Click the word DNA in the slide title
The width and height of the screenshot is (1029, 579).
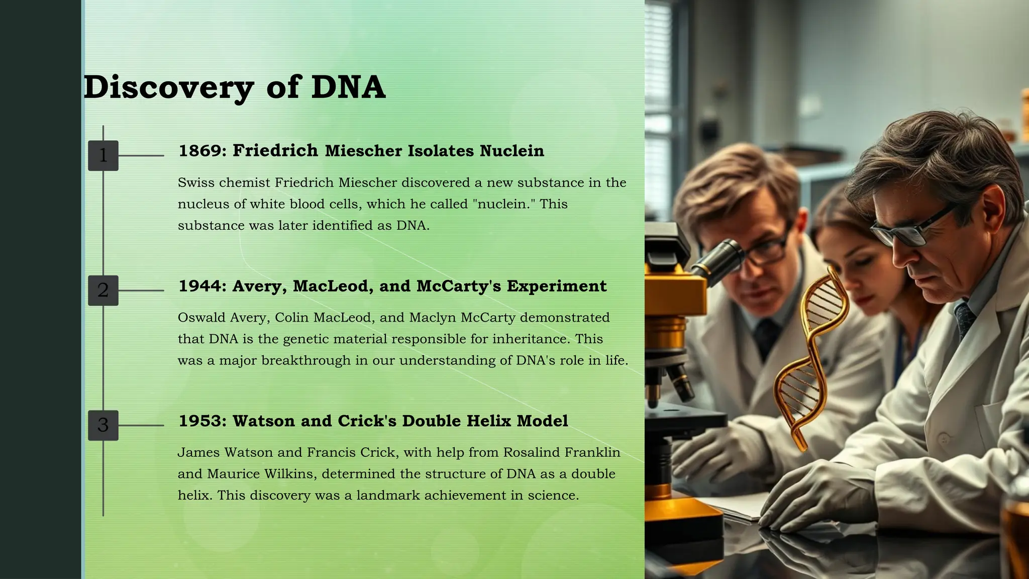coord(348,87)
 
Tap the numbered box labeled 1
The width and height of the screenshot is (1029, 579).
coord(103,156)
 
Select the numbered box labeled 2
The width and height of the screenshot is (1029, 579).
coord(103,291)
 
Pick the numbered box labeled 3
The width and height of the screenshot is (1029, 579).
coord(103,425)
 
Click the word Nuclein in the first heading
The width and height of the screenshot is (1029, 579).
coord(511,151)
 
